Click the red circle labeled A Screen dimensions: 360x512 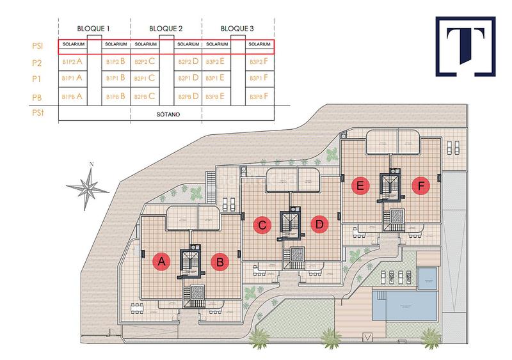coord(161,261)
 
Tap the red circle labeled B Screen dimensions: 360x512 coord(220,261)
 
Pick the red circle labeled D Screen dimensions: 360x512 coord(319,224)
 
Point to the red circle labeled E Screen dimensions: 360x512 coord(361,187)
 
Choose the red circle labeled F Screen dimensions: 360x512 coord(420,187)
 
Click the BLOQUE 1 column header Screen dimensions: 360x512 coord(95,29)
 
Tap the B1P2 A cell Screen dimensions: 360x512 coord(73,62)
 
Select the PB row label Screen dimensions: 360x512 coord(38,97)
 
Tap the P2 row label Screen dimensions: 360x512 coord(38,63)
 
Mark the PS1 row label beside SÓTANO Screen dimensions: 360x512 coord(38,114)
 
